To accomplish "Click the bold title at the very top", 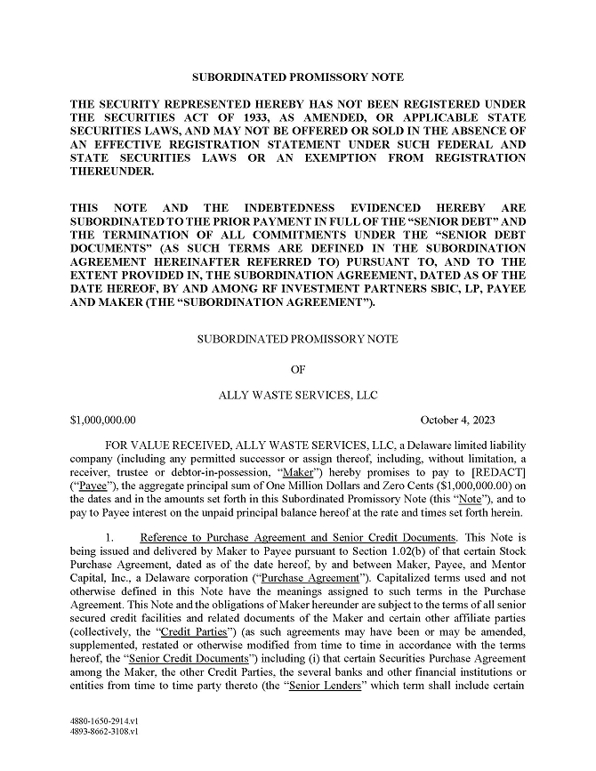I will point(298,77).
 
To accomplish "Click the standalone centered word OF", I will point(298,367).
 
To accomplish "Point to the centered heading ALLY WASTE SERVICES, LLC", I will point(298,396).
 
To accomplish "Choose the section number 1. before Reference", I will point(109,538).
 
